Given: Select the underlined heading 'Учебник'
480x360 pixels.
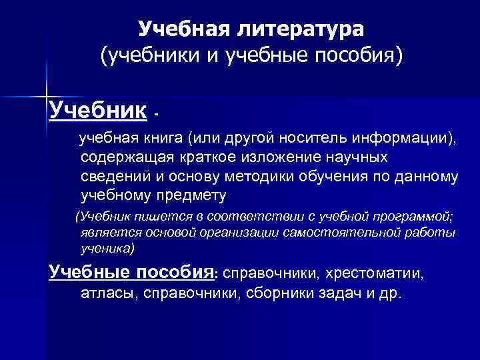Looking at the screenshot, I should pos(97,109).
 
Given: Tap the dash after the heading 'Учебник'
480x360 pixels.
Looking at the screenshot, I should pos(156,114).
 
